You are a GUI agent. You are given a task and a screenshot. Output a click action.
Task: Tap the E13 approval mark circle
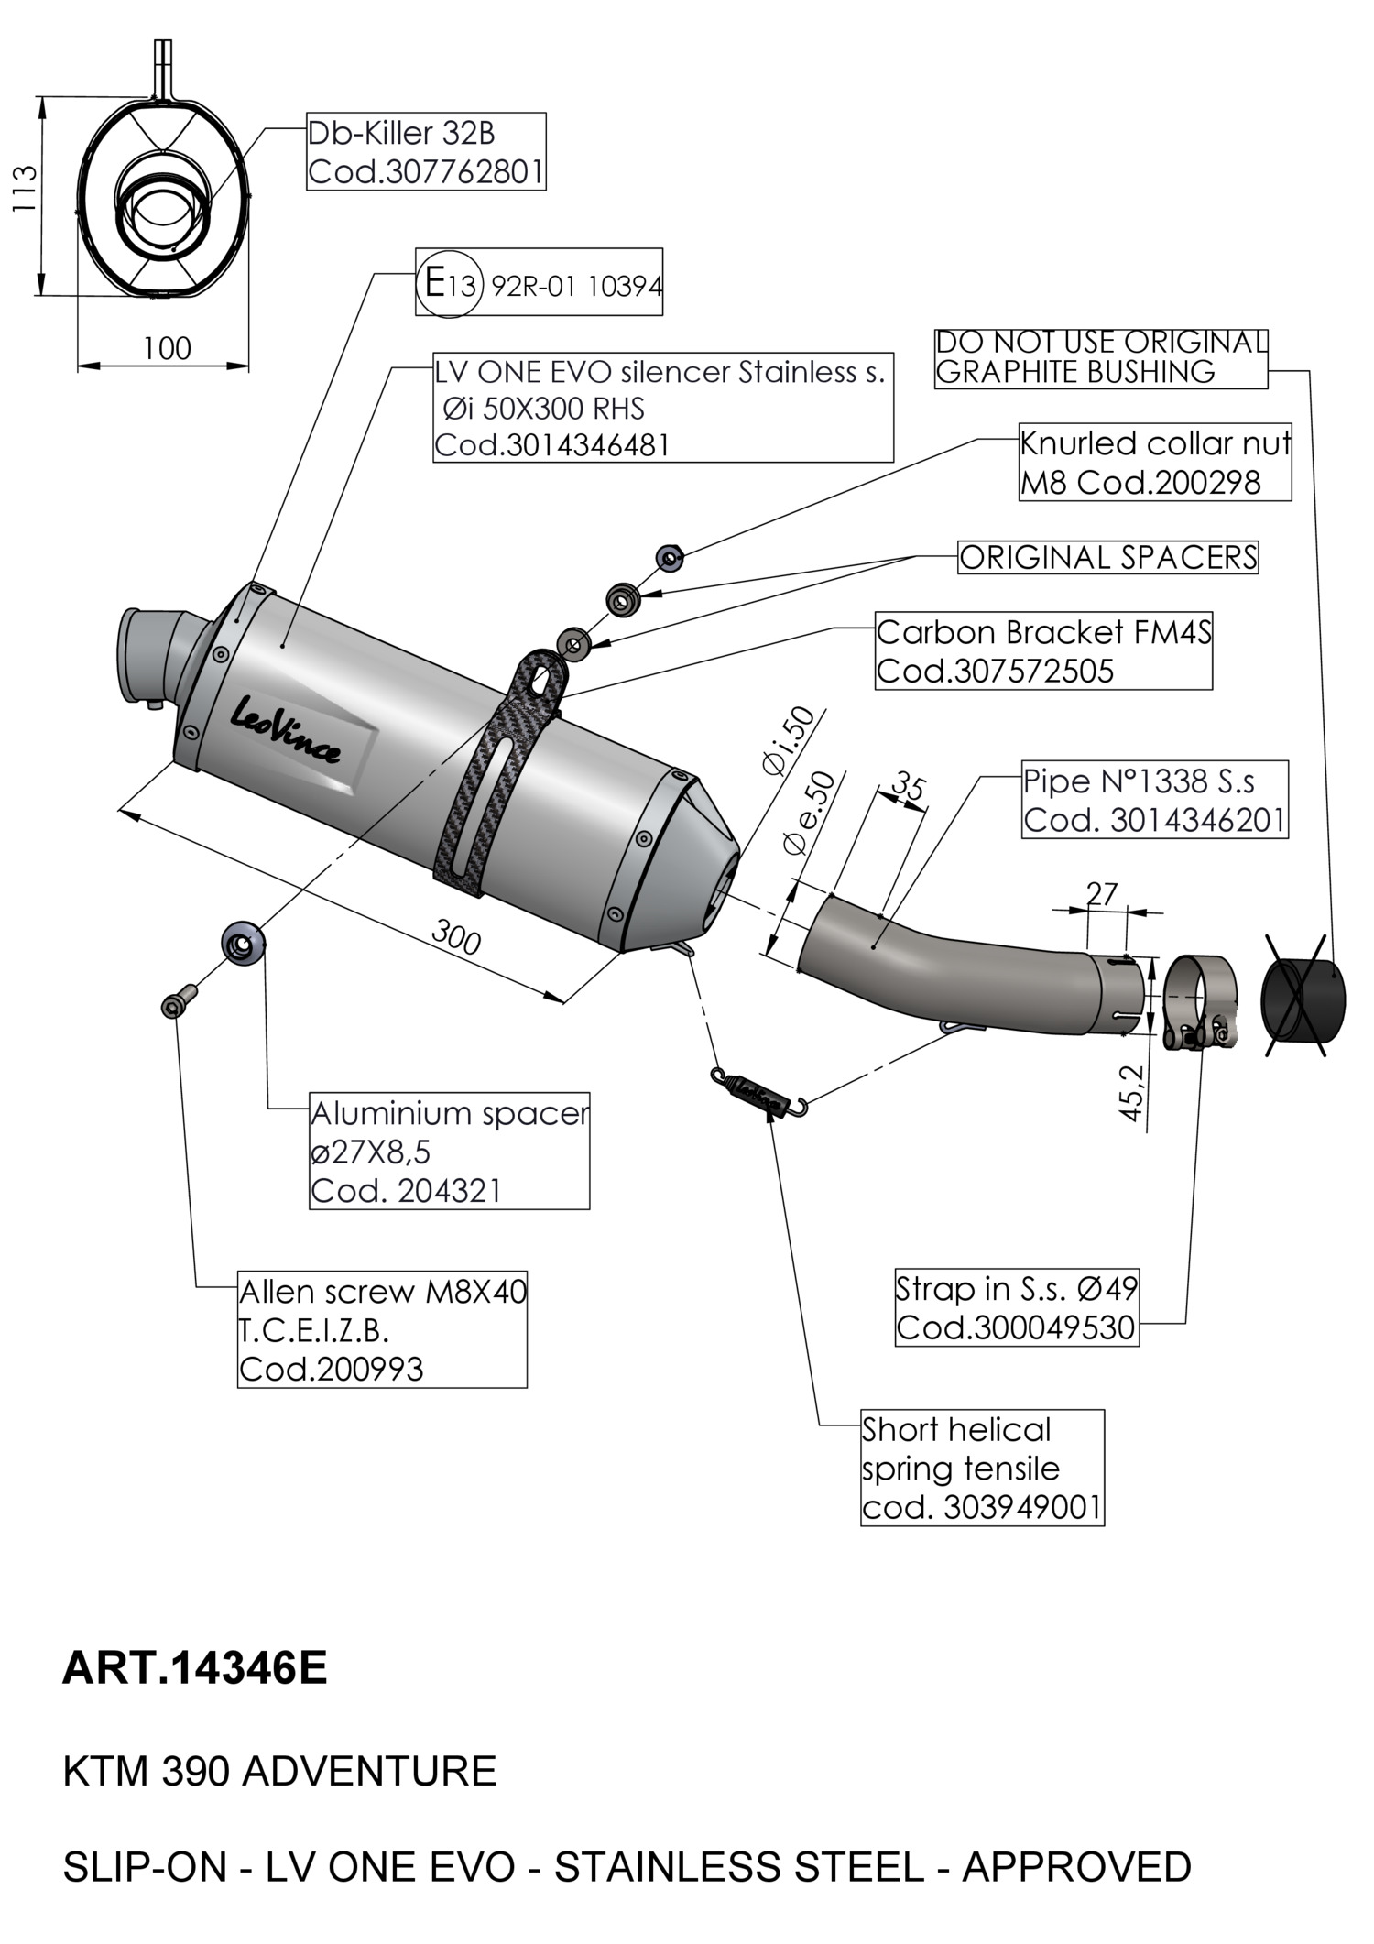coord(449,284)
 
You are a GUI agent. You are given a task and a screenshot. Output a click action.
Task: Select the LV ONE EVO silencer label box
coord(663,409)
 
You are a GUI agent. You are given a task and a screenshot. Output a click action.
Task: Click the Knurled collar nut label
coord(1156,462)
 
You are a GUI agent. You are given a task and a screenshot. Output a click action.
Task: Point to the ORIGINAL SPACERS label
coord(1108,557)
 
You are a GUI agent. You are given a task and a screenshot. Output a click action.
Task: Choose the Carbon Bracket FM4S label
coord(1043,651)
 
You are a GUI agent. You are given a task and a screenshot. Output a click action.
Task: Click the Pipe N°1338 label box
coord(1155,800)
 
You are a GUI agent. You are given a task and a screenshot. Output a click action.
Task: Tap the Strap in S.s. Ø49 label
coord(1017,1307)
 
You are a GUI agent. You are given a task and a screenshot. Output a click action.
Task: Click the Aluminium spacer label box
coord(450,1151)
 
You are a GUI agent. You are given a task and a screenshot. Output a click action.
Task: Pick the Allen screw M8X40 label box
coord(382,1328)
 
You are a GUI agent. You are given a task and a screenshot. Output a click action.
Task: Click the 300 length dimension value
coord(455,938)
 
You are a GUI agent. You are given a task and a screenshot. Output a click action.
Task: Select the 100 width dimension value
coord(167,348)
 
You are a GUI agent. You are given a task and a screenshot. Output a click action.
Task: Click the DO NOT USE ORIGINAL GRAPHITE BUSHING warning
coord(1101,357)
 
